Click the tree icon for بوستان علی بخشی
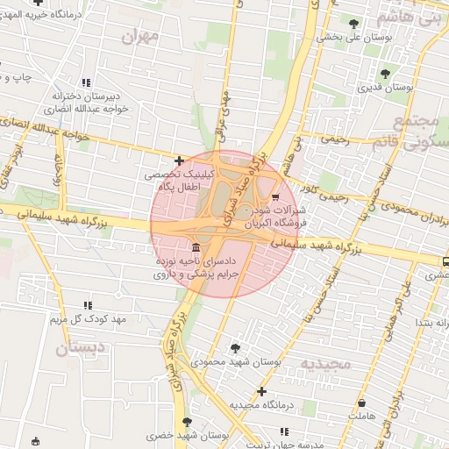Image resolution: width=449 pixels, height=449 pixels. [353, 24]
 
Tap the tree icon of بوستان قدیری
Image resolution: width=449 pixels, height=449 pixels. [386, 73]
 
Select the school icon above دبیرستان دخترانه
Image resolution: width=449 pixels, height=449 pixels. [86, 82]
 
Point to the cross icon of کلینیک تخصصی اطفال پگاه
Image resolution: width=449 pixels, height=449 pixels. [180, 160]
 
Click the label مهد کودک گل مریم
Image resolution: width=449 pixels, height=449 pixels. [88, 318]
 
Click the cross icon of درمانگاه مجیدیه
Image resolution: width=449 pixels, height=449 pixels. [261, 391]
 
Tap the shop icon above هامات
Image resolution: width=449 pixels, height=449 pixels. [360, 400]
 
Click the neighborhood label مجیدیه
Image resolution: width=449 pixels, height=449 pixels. [325, 363]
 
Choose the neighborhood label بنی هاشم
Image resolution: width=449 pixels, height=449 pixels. [410, 18]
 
